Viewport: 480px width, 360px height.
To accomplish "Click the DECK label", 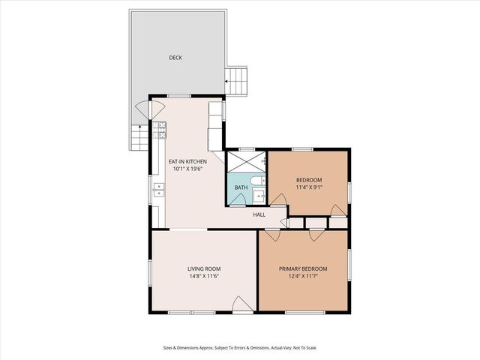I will (x=175, y=58).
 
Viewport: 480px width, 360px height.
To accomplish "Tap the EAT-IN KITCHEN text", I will (x=187, y=161).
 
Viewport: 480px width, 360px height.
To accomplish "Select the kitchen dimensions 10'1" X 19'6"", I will (x=187, y=169).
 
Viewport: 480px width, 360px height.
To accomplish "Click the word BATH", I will (x=241, y=187).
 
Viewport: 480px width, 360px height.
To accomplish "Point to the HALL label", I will (x=259, y=215).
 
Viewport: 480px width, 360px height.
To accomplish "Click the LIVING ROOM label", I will (x=203, y=268).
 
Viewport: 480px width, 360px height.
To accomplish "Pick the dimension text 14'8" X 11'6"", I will (x=203, y=276).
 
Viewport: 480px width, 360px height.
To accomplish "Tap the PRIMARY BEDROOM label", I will (x=303, y=268).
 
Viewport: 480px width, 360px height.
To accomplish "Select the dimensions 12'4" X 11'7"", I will (x=303, y=276).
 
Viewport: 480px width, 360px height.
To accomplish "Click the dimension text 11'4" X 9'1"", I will (x=308, y=187).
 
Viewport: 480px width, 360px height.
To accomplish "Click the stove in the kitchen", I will (x=160, y=131).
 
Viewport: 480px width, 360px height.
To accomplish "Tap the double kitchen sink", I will (x=159, y=190).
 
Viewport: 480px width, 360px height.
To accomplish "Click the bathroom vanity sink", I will (x=259, y=196).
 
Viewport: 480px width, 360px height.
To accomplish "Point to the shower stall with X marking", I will (x=246, y=162).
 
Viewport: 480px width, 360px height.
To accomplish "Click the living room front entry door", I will (x=242, y=304).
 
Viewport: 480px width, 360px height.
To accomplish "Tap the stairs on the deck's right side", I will (x=236, y=81).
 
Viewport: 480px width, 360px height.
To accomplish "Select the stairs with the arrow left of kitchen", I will (x=140, y=137).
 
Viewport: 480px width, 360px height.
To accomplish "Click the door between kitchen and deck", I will (x=142, y=112).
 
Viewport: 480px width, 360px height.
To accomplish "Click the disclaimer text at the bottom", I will (x=239, y=347).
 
